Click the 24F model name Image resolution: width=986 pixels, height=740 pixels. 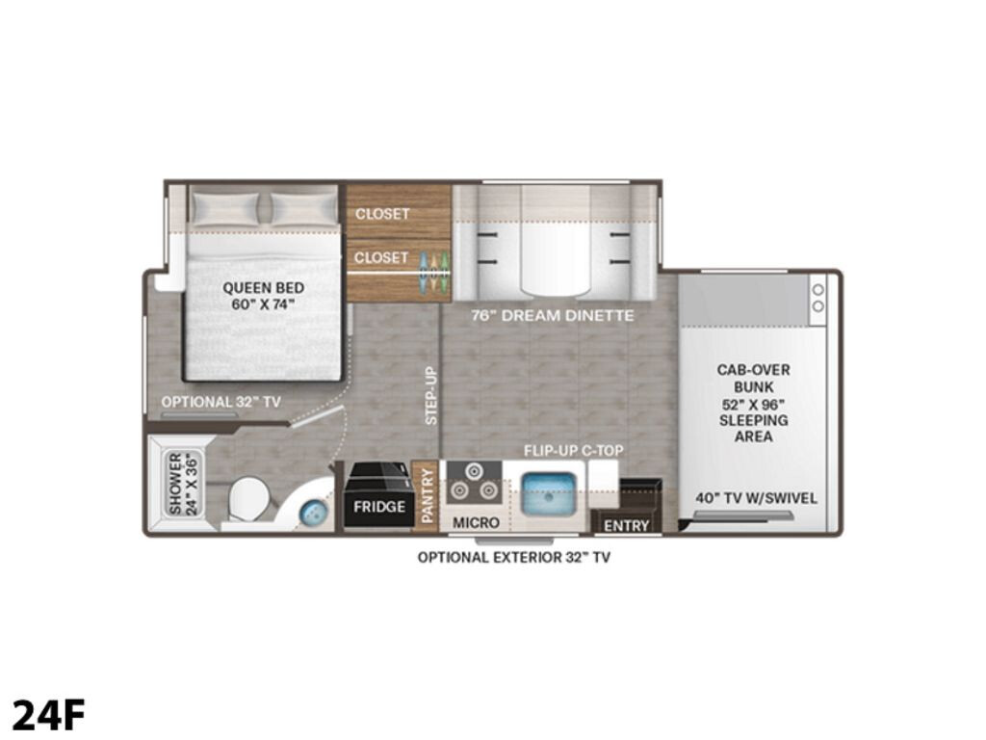tap(48, 714)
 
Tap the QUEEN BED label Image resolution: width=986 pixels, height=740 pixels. tap(264, 288)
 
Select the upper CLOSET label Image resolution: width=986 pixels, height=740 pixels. tap(382, 214)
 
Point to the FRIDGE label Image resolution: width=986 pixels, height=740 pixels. tap(379, 507)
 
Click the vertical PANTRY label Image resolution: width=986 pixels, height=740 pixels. tap(428, 495)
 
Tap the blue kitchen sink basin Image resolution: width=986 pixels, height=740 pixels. tap(548, 494)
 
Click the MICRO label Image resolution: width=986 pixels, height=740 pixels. tap(476, 522)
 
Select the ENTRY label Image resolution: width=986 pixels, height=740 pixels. tap(626, 525)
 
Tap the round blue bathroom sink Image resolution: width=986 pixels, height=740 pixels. tap(312, 513)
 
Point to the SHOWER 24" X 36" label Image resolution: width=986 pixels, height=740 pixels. tap(183, 484)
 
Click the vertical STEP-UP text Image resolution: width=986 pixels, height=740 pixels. tap(431, 395)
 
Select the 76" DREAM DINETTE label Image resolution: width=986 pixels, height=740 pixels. tap(552, 315)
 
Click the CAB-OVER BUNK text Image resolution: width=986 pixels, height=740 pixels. tap(753, 378)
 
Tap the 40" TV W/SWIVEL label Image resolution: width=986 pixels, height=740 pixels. tap(756, 498)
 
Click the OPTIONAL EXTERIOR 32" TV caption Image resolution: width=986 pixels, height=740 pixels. tap(514, 557)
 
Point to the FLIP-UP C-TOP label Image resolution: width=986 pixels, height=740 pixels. tap(574, 451)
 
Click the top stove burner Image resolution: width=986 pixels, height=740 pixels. tap(474, 471)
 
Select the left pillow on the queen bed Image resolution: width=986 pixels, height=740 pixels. tap(225, 208)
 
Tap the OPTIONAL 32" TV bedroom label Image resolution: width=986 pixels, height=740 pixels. tap(221, 402)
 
